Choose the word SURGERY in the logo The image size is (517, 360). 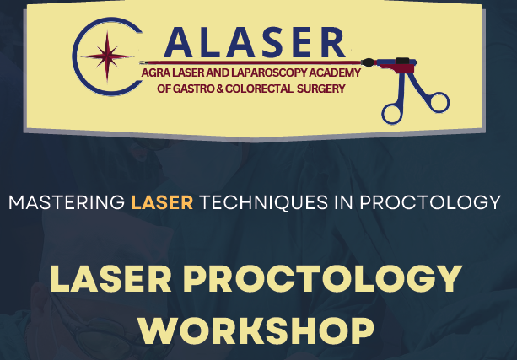(x=321, y=89)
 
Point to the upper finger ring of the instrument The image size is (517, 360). (x=437, y=101)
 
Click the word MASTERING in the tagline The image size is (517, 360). (x=66, y=203)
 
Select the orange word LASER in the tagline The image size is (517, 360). (x=163, y=203)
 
